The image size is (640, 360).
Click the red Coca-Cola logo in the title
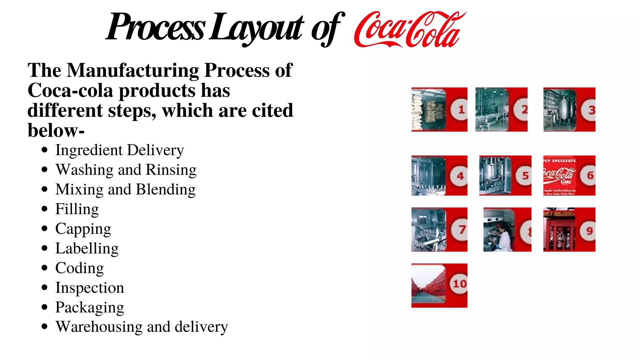(x=409, y=30)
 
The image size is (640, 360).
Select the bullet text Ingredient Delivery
(x=120, y=150)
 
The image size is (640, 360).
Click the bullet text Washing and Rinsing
(x=126, y=170)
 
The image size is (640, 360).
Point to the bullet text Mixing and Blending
(x=125, y=190)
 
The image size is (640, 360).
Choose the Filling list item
(x=77, y=209)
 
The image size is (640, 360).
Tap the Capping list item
(x=83, y=229)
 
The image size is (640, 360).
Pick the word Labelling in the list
(x=87, y=249)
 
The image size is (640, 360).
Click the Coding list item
(x=79, y=268)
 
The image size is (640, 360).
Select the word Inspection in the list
(x=90, y=288)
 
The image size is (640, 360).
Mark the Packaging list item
(x=90, y=307)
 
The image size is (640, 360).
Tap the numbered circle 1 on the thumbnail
(x=460, y=110)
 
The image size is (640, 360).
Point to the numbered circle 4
(x=459, y=176)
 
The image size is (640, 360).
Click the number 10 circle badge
(x=459, y=284)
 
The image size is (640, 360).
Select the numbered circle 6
(x=589, y=176)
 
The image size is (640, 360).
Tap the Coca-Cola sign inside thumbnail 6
(x=559, y=175)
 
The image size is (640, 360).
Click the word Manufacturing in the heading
(x=132, y=70)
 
